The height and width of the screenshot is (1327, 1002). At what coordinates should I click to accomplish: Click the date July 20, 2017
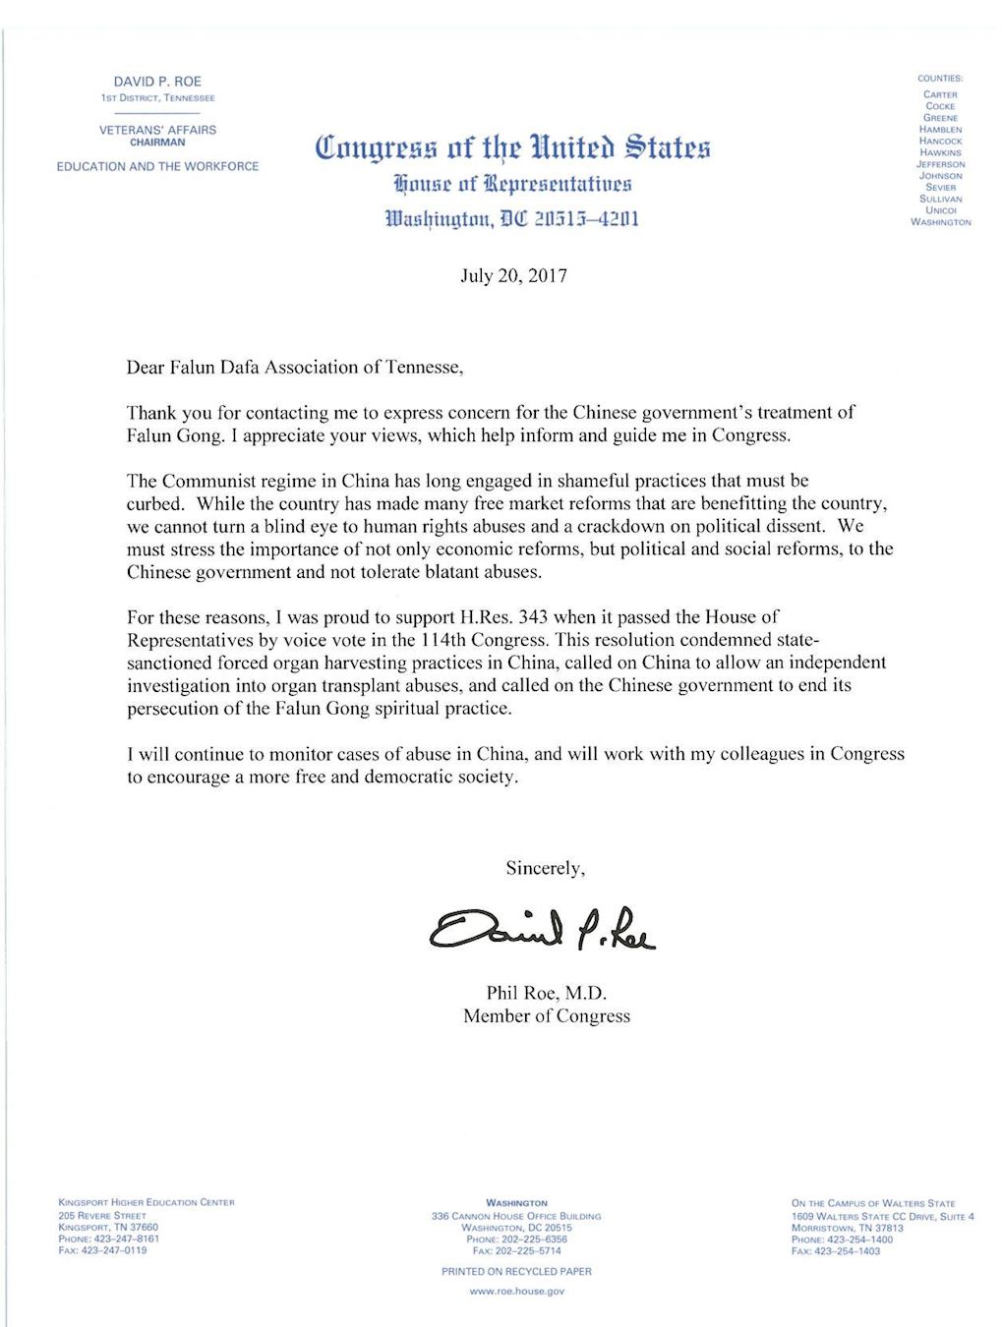tap(513, 275)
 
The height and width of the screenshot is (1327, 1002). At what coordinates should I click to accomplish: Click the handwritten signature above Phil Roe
tap(542, 926)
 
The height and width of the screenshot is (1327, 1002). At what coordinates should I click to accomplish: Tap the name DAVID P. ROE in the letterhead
tap(157, 82)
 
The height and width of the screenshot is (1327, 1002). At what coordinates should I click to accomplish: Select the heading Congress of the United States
tap(512, 147)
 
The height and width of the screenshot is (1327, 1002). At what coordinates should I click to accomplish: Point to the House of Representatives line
tap(512, 184)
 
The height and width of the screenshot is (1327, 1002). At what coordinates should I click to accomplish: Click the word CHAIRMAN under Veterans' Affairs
tap(157, 143)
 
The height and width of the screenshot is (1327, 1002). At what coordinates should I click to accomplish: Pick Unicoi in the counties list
tap(940, 210)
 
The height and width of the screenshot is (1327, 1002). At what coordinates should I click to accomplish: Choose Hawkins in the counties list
tap(940, 152)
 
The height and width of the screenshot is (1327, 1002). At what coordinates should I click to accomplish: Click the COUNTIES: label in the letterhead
tap(940, 78)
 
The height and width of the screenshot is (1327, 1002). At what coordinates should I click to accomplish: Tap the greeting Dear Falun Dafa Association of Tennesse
tap(294, 368)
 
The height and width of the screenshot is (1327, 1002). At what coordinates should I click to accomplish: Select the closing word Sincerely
tap(545, 868)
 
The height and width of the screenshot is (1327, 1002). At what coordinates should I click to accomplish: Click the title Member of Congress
tap(547, 1016)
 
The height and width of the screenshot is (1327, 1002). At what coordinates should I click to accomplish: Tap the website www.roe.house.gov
tap(516, 1291)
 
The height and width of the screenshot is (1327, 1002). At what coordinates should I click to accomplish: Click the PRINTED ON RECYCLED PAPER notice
tap(516, 1271)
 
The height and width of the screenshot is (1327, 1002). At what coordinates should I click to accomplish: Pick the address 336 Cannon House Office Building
tap(516, 1216)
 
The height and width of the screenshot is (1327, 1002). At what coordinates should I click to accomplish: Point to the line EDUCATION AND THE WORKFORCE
tap(157, 166)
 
